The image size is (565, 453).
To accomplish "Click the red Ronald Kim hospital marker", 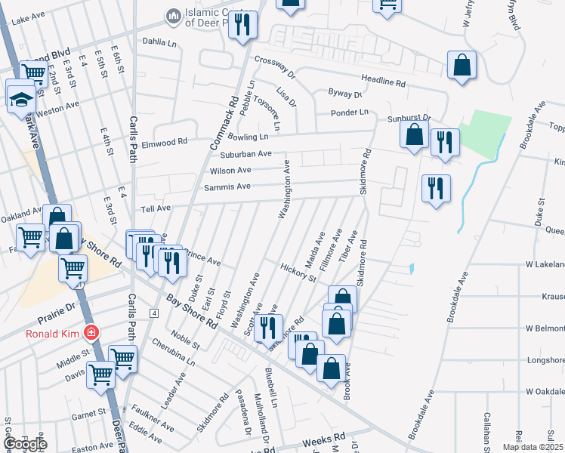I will pos(91,332).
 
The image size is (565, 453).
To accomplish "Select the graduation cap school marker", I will pos(20,97).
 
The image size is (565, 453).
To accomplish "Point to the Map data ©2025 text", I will pos(533,447).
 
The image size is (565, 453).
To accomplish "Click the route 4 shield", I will pos(153,312).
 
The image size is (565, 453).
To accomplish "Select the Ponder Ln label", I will pos(353,112).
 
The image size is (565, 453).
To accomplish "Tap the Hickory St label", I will pos(297,272).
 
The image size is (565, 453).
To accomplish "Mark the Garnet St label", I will pos(89,413).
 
